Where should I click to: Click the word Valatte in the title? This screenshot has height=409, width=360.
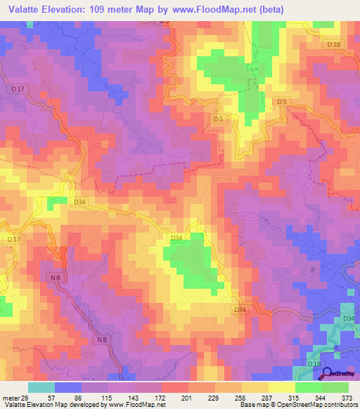point(27,9)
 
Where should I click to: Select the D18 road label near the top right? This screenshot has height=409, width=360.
point(333,45)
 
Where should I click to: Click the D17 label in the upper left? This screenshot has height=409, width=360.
point(19,89)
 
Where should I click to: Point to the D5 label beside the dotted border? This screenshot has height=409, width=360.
point(218,119)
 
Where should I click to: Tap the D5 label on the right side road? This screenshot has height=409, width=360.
point(282,103)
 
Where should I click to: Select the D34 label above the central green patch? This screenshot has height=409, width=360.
point(176,238)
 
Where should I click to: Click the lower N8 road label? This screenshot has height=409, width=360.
point(103,340)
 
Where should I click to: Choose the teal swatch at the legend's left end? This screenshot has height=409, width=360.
point(41,387)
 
